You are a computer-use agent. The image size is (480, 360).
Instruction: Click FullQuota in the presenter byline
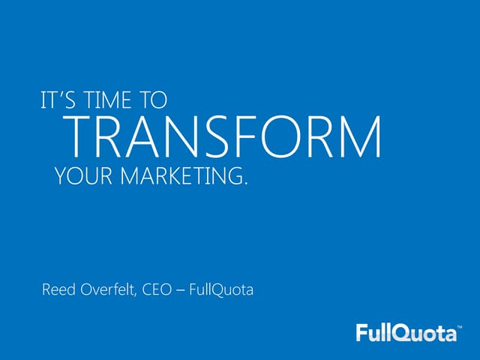[223, 288]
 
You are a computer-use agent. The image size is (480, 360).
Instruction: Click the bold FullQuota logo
[406, 331]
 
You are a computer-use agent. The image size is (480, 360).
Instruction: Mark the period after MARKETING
[244, 184]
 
